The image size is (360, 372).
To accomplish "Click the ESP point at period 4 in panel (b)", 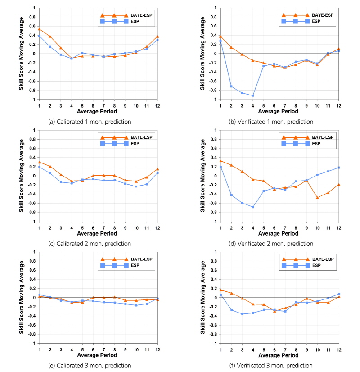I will click(x=253, y=95).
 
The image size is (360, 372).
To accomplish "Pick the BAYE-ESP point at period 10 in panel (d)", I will click(x=318, y=198).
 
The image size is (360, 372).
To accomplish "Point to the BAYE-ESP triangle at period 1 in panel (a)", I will click(x=39, y=29).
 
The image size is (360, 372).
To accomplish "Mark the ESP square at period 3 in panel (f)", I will click(x=242, y=314).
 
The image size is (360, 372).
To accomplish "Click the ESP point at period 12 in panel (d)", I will click(x=339, y=168).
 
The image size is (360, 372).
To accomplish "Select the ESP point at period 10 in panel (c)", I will click(x=136, y=186).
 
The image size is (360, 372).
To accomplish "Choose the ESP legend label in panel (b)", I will click(x=316, y=21).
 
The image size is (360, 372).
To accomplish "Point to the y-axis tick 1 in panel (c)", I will click(x=34, y=130).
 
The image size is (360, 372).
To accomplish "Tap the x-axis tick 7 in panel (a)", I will click(x=103, y=106).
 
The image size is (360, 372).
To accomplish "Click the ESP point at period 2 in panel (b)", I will click(x=231, y=86).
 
